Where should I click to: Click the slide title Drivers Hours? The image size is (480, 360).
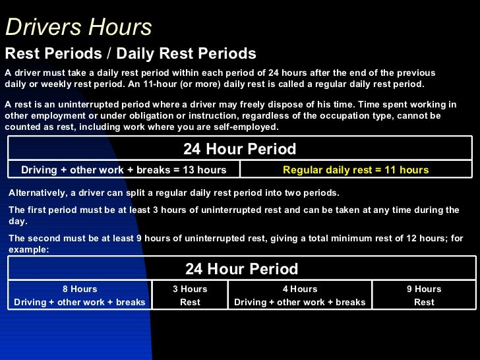click(x=78, y=28)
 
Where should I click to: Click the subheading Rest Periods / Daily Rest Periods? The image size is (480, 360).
click(x=131, y=54)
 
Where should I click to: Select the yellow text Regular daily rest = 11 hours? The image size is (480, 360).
click(x=355, y=170)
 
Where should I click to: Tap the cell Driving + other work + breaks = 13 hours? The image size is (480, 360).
click(x=124, y=170)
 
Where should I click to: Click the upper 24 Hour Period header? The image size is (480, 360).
click(x=239, y=149)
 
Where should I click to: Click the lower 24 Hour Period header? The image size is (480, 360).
click(x=241, y=269)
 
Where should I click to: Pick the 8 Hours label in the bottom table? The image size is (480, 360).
click(x=80, y=289)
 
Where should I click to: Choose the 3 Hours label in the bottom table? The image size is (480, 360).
click(x=190, y=289)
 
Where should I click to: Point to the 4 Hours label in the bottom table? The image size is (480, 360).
click(x=300, y=289)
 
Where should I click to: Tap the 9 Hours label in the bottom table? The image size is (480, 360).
click(x=424, y=289)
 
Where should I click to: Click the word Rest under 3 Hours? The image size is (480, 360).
click(x=190, y=302)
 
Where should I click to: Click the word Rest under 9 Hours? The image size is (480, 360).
click(x=424, y=302)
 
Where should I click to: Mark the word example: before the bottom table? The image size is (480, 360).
click(x=29, y=250)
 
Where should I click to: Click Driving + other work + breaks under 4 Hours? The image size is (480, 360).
click(x=300, y=302)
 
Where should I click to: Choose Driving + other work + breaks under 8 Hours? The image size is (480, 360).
click(x=80, y=302)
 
